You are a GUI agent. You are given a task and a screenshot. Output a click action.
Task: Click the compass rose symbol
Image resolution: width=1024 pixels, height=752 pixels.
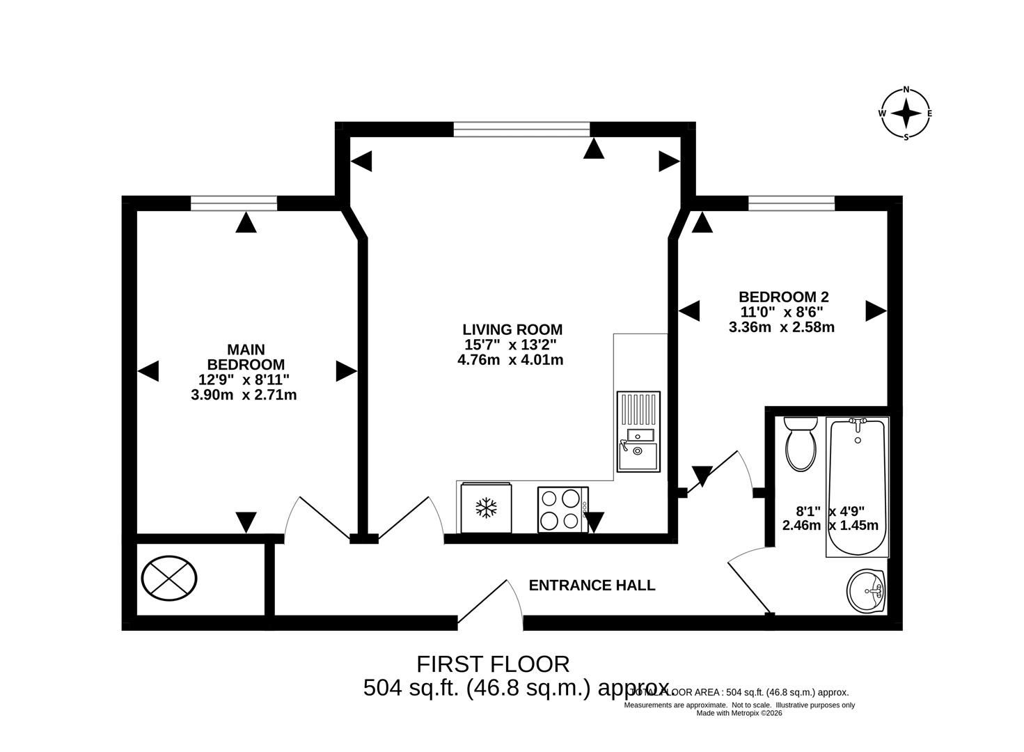(906, 113)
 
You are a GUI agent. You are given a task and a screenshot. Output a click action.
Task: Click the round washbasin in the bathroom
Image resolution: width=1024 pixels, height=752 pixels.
(865, 591)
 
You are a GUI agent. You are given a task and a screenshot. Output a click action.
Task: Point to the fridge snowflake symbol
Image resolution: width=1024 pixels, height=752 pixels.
(486, 508)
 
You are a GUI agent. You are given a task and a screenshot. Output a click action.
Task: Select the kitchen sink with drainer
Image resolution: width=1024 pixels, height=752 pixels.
(638, 432)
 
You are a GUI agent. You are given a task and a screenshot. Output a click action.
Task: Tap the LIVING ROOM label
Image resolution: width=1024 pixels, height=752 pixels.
(512, 329)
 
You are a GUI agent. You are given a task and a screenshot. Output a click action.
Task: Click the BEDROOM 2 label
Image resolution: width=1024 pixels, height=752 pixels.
(783, 297)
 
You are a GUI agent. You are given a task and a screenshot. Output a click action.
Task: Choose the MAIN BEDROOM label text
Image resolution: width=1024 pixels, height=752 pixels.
(246, 357)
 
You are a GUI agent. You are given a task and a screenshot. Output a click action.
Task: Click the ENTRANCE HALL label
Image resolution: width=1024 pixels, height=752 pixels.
(592, 585)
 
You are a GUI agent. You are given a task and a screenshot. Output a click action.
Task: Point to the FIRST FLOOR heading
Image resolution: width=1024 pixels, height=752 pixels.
(493, 664)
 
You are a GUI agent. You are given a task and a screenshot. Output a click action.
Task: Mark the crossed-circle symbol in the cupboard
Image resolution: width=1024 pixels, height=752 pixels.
(169, 578)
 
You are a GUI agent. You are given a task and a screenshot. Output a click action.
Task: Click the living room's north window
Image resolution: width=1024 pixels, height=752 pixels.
(521, 129)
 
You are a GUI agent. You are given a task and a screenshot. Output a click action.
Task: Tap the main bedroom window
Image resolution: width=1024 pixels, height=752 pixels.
(234, 203)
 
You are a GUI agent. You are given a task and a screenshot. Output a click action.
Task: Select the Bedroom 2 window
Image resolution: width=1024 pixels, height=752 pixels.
(791, 203)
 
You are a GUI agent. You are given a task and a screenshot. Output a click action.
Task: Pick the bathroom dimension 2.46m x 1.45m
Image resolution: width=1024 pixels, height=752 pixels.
(830, 526)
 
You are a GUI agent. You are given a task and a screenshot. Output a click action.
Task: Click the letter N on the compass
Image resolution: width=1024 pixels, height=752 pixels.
(906, 89)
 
